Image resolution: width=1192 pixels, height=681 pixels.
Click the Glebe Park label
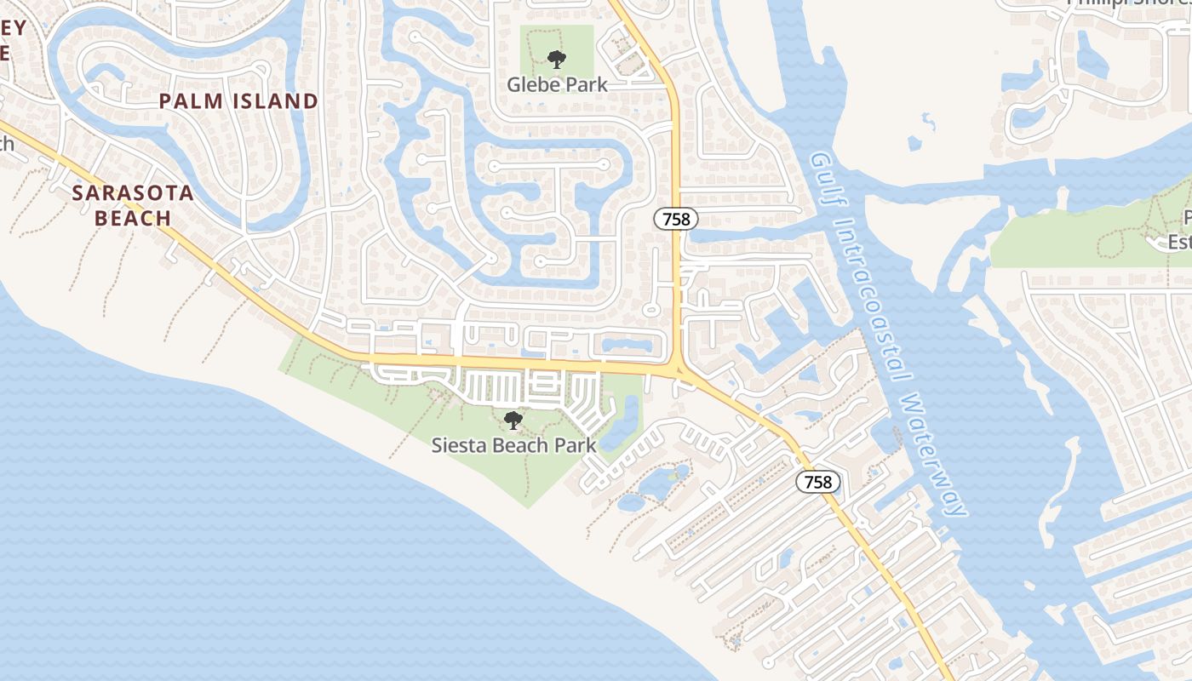(x=558, y=84)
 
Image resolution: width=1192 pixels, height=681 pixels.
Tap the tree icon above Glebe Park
(x=557, y=60)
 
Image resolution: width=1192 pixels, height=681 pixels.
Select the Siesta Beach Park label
(x=513, y=444)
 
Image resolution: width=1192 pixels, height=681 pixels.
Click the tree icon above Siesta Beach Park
(x=513, y=420)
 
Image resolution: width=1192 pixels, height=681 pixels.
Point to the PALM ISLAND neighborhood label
(x=238, y=101)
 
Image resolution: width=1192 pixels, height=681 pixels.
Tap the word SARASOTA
(x=133, y=192)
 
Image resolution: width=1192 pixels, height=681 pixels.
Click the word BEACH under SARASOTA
(x=133, y=218)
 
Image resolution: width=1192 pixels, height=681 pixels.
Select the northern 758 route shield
(x=676, y=219)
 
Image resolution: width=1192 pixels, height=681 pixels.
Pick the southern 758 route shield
(x=818, y=482)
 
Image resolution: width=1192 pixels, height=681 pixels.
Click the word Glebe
(x=534, y=84)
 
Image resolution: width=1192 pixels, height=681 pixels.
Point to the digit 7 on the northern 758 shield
(x=667, y=219)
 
